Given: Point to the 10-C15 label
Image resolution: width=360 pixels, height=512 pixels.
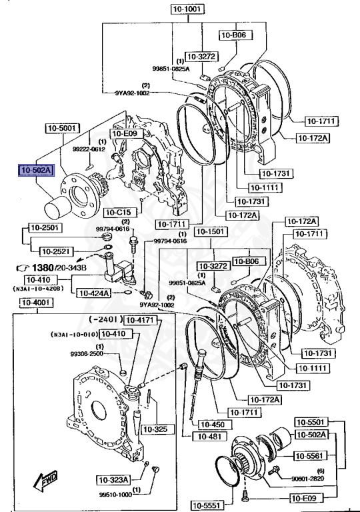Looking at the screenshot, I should pyautogui.click(x=120, y=213).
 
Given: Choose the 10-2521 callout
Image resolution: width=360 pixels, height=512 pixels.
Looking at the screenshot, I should pyautogui.click(x=57, y=251).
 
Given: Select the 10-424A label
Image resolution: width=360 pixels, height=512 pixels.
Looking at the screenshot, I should pyautogui.click(x=93, y=292).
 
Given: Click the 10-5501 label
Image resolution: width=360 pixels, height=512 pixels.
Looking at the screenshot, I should pyautogui.click(x=312, y=422).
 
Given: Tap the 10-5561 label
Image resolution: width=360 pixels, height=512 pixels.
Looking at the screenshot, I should pyautogui.click(x=312, y=457).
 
